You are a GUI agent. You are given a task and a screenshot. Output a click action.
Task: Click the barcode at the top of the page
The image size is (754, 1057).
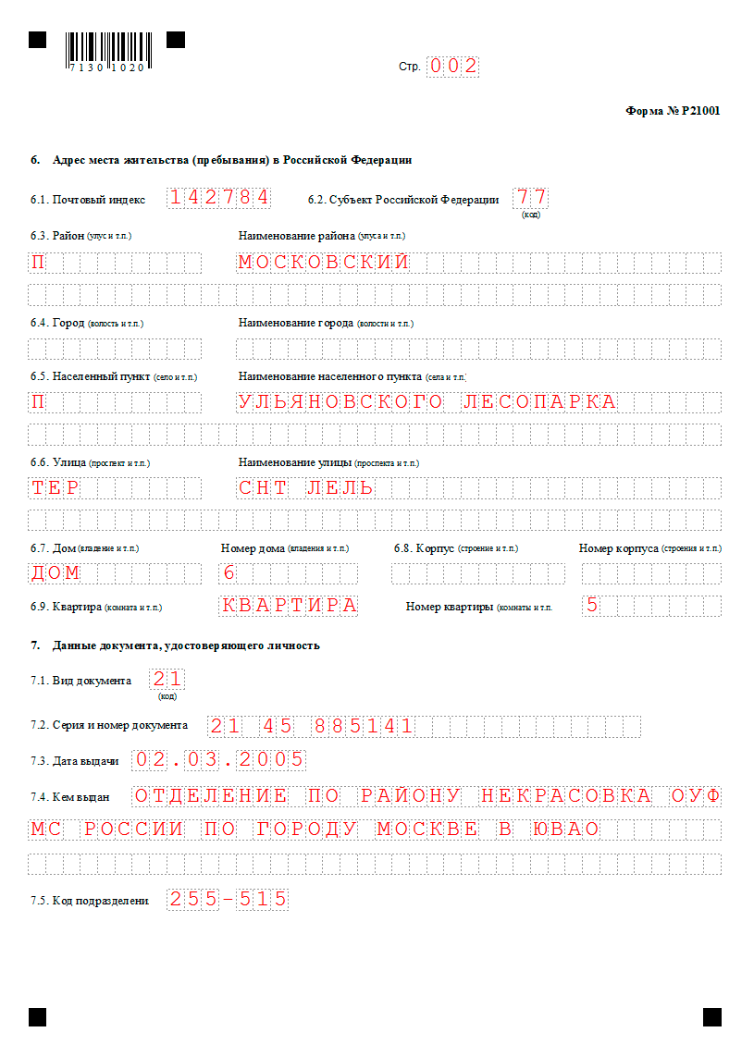[105, 48]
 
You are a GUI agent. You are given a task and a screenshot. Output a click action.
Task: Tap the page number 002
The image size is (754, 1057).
[452, 66]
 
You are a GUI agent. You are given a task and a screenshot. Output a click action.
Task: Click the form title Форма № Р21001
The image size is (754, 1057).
[673, 111]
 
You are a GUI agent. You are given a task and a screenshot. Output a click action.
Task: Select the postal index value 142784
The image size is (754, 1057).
[219, 197]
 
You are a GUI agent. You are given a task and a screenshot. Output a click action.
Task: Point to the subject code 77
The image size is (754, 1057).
[531, 197]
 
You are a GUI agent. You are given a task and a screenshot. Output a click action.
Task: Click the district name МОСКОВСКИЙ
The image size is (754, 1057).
[323, 262]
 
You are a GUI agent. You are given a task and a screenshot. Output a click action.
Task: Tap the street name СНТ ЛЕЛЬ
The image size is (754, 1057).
[305, 487]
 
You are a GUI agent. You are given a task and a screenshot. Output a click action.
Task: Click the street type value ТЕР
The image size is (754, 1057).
[55, 487]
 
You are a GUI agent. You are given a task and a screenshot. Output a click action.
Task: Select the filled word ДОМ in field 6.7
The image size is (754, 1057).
[56, 572]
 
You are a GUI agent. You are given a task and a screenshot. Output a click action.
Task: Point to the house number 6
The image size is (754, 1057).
[229, 572]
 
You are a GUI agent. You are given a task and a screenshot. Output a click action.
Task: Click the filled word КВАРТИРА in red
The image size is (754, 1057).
[289, 606]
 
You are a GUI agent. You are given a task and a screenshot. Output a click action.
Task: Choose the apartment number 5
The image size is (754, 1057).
[592, 606]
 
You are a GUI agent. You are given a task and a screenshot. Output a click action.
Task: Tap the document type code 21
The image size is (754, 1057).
[167, 680]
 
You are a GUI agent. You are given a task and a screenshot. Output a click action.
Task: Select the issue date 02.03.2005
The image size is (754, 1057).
[219, 759]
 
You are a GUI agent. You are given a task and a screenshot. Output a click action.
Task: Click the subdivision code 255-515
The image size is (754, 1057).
[228, 898]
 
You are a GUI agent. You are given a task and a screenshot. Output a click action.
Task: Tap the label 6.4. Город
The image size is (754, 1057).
[57, 323]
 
